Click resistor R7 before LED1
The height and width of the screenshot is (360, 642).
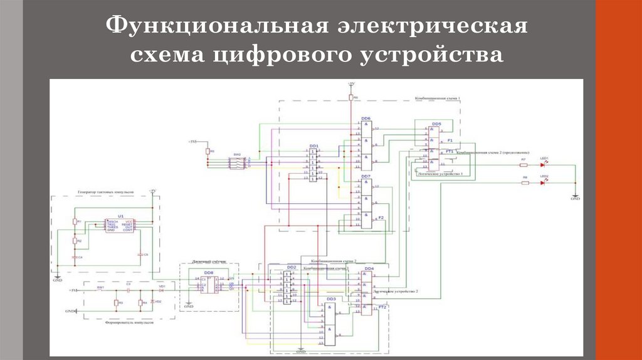[524, 166]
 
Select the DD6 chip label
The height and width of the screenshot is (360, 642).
[366, 119]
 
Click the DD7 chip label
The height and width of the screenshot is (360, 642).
[366, 177]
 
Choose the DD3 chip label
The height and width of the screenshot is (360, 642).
[330, 299]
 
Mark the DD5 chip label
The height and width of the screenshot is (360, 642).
[436, 124]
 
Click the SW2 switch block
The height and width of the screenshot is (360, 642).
[237, 162]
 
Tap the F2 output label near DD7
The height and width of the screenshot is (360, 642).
[381, 217]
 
